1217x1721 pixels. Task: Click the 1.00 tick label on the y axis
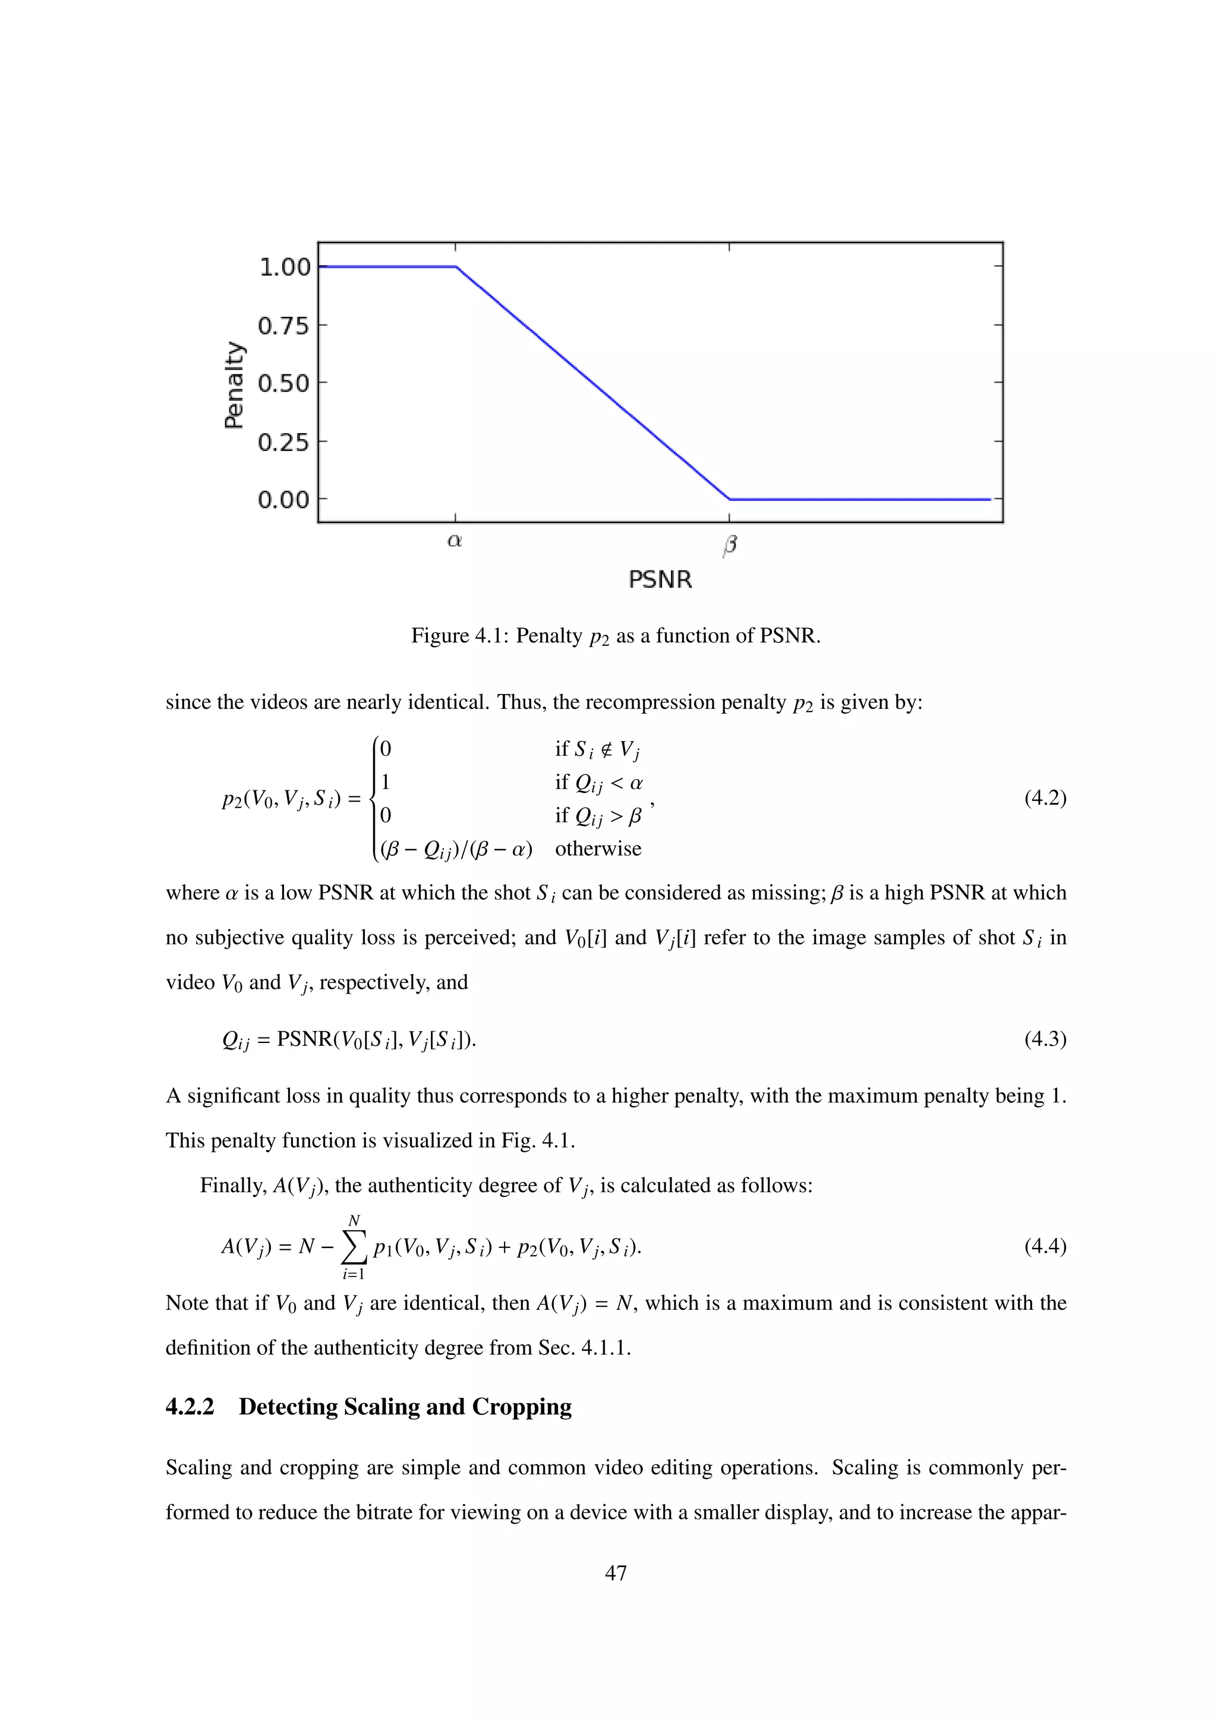(284, 267)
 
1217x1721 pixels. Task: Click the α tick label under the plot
(454, 540)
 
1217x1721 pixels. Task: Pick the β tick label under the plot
(729, 545)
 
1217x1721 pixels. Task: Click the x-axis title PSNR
(660, 579)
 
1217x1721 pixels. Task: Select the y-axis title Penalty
(235, 384)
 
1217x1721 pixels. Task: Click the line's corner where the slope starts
(456, 267)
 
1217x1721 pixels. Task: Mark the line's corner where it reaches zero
(729, 499)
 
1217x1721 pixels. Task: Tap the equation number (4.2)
(1045, 798)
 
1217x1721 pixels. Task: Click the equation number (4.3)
(1045, 1039)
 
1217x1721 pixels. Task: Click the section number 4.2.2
(190, 1407)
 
